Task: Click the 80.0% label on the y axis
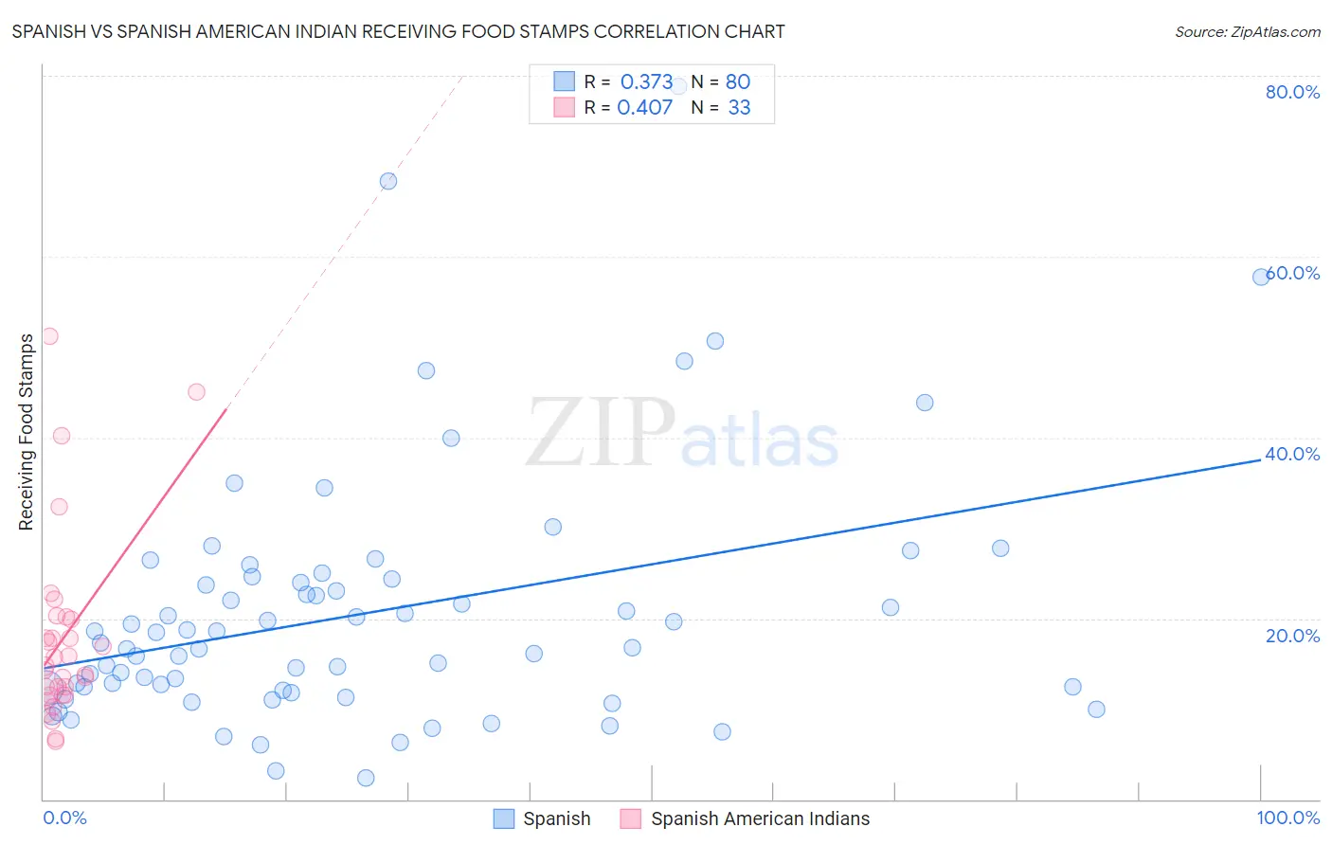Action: click(x=1292, y=92)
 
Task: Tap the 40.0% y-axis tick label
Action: click(x=1292, y=454)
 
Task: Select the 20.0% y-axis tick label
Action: click(x=1292, y=636)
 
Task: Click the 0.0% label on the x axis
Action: click(x=64, y=818)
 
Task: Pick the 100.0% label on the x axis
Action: click(x=1287, y=818)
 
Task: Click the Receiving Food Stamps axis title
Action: click(x=26, y=432)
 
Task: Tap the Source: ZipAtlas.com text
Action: click(x=1247, y=32)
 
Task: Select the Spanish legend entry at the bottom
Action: click(x=543, y=818)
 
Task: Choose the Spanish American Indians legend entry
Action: click(x=746, y=818)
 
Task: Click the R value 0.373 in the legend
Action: click(x=646, y=82)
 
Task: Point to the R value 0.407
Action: click(x=644, y=108)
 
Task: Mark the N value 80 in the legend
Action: click(x=738, y=82)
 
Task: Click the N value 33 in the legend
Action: click(x=739, y=108)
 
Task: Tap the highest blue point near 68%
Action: click(x=388, y=181)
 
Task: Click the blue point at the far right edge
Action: click(x=1261, y=277)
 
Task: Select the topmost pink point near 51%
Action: click(x=50, y=336)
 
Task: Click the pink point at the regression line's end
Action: click(x=196, y=392)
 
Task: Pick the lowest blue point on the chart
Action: click(x=366, y=778)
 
